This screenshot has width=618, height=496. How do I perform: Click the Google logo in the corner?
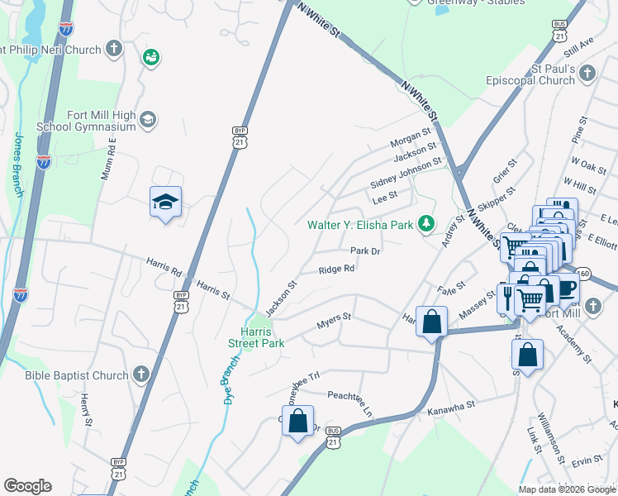(x=27, y=486)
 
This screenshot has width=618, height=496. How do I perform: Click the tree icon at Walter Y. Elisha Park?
(x=425, y=223)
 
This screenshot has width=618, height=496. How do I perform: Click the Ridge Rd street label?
(x=337, y=269)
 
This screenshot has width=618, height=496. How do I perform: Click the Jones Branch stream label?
(x=17, y=165)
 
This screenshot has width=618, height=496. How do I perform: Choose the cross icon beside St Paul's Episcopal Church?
(x=586, y=74)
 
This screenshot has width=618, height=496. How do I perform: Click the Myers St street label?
(x=335, y=321)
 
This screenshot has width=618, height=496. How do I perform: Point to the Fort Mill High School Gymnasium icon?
(x=148, y=120)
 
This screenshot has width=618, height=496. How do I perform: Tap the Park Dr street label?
(x=364, y=250)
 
